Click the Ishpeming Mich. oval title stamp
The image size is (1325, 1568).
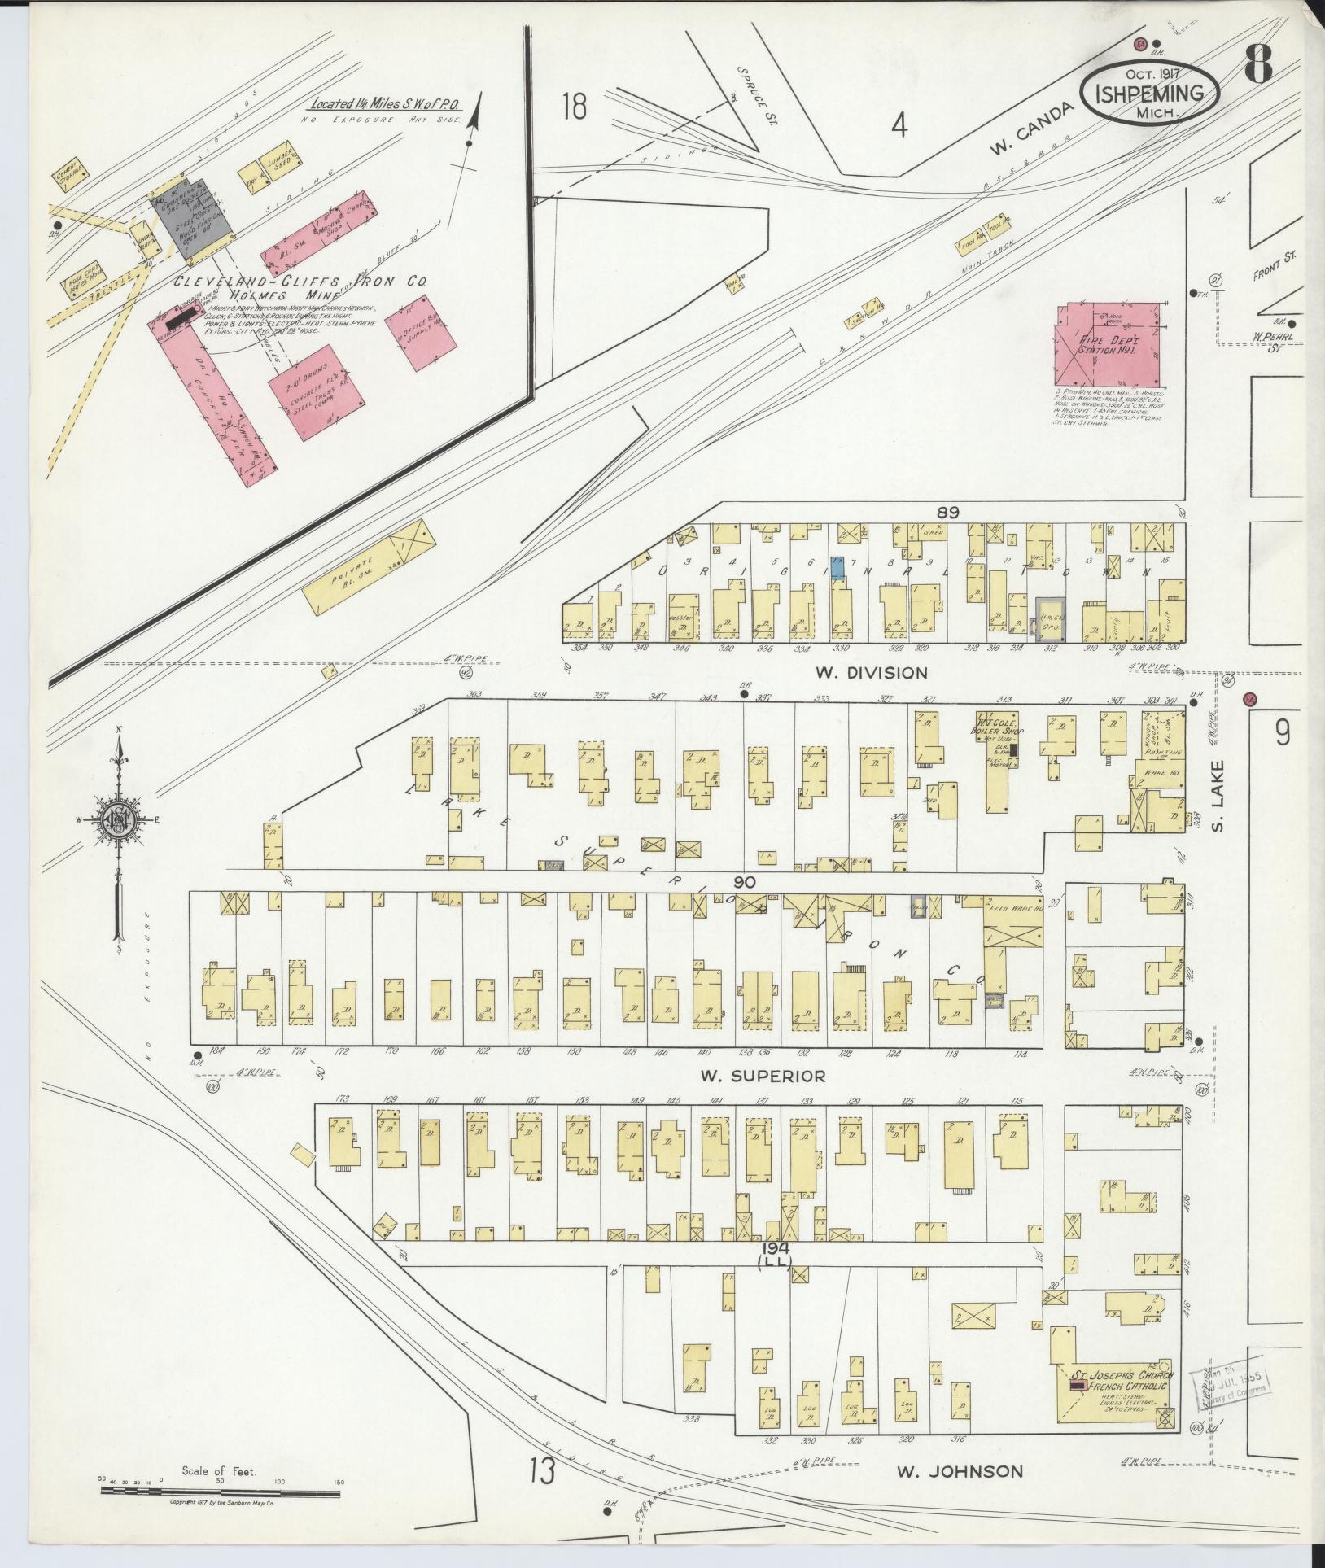[x=1150, y=93]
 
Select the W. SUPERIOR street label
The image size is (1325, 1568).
[x=763, y=1076]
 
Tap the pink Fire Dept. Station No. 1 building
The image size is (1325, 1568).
[x=1108, y=344]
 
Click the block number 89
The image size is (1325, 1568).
[x=948, y=513]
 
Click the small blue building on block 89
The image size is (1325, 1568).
[x=837, y=566]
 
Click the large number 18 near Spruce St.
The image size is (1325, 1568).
[x=574, y=107]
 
